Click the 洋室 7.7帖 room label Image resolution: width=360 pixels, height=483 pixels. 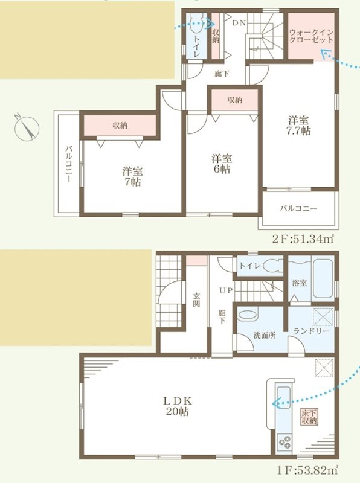coord(298,125)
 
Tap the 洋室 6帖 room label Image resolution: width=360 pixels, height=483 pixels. coord(222,164)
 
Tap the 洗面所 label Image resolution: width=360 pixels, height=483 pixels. coord(264,336)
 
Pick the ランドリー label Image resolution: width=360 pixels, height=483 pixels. coord(311,331)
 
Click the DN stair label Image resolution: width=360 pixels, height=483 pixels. coord(238,23)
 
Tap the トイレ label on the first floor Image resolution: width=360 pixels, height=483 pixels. coord(249,265)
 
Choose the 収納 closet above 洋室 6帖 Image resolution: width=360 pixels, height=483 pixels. coord(235,100)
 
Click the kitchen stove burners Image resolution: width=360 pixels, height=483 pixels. coord(283,445)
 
